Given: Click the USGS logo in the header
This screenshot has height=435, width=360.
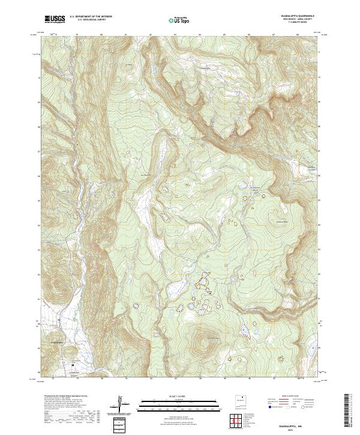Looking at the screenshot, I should (55, 19).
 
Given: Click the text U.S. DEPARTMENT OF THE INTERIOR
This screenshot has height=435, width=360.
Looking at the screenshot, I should (90, 17).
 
